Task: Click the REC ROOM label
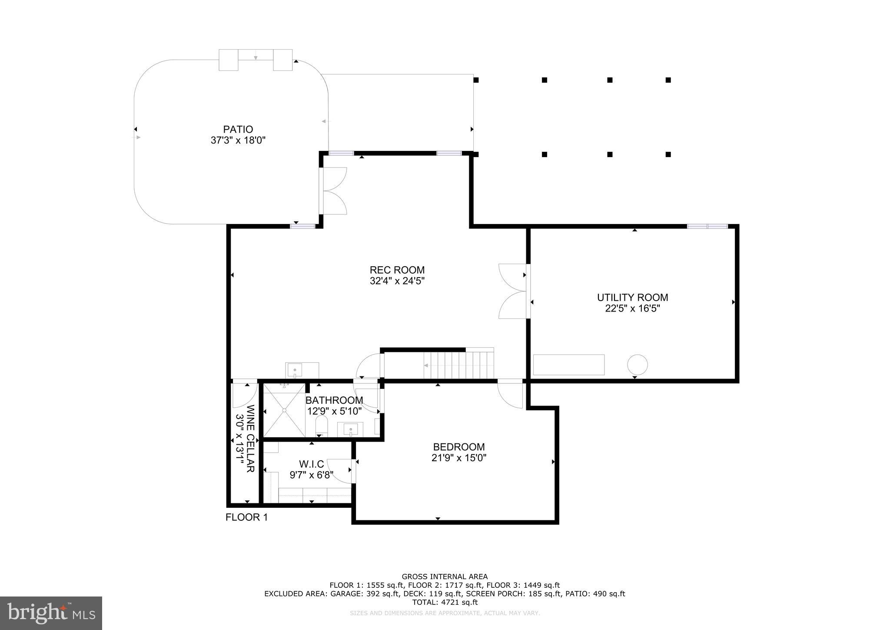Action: [397, 270]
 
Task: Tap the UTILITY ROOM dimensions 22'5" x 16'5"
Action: [632, 308]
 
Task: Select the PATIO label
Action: [238, 129]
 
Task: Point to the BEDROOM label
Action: [458, 447]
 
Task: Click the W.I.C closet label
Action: [311, 464]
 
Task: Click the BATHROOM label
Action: [334, 400]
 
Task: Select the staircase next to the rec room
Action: [459, 365]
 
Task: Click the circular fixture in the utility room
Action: [637, 365]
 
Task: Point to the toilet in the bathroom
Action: [321, 425]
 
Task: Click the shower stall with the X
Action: [284, 410]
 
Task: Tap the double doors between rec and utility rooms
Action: [513, 291]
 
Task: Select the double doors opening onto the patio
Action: [334, 191]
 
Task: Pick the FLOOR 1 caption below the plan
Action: [246, 517]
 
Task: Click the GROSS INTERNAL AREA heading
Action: [445, 577]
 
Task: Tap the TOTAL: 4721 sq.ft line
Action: [445, 602]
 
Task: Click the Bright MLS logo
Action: [51, 613]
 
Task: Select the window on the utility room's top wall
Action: [707, 226]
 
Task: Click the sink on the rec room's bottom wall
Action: [295, 370]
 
